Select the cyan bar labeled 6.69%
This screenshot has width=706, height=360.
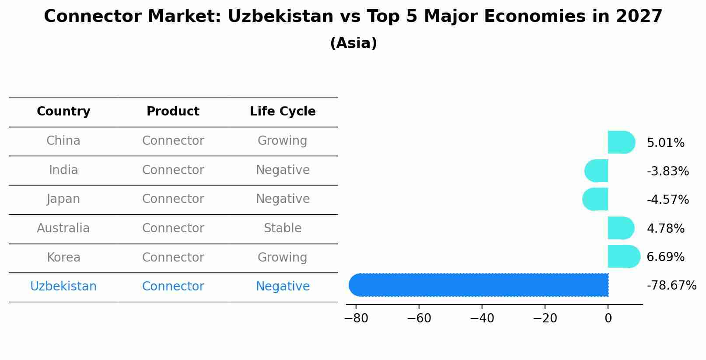[623, 256]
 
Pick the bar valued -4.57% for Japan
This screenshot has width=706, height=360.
[596, 199]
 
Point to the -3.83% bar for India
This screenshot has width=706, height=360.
[597, 171]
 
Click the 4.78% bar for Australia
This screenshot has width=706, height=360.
[620, 228]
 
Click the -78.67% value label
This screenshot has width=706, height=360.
[671, 286]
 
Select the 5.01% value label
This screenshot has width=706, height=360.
[665, 143]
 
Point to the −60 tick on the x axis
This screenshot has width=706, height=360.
[419, 318]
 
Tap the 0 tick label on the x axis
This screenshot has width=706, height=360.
[608, 318]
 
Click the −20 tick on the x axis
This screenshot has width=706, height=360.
[545, 318]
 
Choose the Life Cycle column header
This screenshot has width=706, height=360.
[283, 112]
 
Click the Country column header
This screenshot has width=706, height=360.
[63, 112]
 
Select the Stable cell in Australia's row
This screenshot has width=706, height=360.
[283, 228]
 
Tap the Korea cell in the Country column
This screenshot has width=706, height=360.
[63, 258]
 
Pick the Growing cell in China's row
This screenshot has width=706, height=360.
[283, 141]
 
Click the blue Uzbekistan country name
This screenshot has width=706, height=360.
[63, 287]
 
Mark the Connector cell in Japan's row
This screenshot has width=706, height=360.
[173, 199]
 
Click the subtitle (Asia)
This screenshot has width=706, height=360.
[353, 43]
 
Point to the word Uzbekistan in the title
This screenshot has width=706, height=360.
[280, 17]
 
